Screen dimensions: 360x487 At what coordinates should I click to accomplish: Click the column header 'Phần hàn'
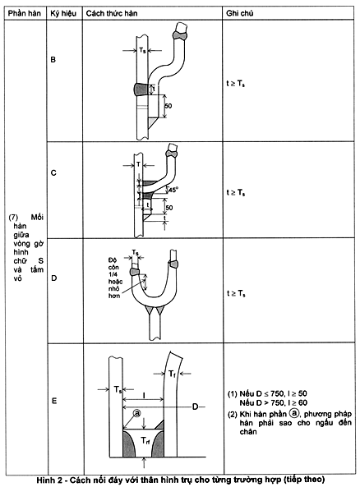(x=25, y=13)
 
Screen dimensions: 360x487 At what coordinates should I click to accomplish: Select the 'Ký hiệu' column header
(x=63, y=14)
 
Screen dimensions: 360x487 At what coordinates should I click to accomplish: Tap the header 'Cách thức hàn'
(x=112, y=13)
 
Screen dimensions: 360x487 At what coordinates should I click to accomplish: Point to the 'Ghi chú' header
(x=239, y=13)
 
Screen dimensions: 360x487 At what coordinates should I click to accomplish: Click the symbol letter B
(x=53, y=59)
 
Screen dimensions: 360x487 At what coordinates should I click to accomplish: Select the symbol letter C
(x=53, y=172)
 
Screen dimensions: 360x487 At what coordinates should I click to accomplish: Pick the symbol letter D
(x=53, y=278)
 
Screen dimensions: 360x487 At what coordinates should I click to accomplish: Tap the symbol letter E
(x=54, y=401)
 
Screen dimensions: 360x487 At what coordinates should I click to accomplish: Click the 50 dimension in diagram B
(x=168, y=106)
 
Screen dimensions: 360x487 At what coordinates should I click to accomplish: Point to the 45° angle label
(x=173, y=190)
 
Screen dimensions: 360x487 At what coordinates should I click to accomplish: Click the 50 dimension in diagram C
(x=169, y=208)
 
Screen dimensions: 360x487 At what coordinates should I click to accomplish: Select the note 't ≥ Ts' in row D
(x=236, y=293)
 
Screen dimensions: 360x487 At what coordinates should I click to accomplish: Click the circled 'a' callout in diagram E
(x=136, y=413)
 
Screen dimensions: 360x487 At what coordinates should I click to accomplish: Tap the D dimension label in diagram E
(x=195, y=407)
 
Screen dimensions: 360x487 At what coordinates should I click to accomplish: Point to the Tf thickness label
(x=172, y=374)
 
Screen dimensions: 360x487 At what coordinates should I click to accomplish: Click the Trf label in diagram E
(x=145, y=440)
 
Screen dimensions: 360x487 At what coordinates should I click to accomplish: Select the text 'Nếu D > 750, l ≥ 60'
(x=273, y=403)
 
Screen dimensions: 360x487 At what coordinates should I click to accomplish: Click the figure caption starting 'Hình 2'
(x=180, y=480)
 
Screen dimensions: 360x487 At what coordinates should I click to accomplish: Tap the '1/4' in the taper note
(x=113, y=274)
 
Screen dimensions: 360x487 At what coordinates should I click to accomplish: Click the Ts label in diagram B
(x=142, y=50)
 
